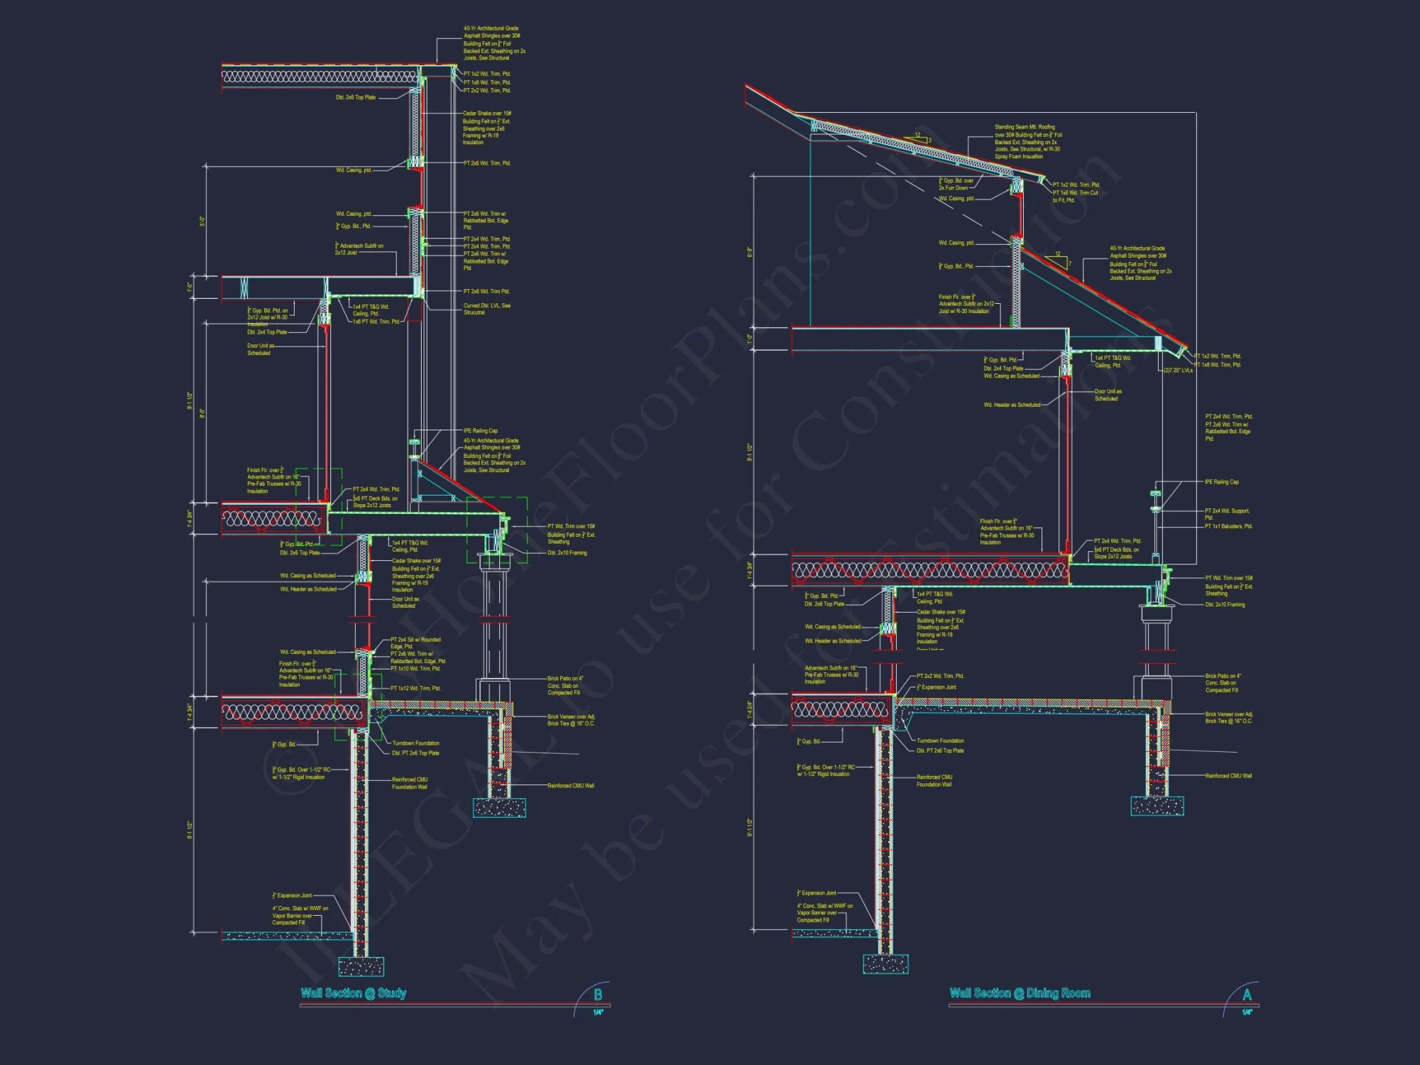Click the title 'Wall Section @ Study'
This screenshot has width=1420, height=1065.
pos(353,993)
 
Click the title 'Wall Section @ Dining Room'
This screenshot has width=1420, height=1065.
pos(1020,993)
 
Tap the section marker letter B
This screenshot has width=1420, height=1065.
pos(598,995)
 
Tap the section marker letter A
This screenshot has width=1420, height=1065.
pos(1247,995)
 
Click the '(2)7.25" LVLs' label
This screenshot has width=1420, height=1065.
pos(1178,371)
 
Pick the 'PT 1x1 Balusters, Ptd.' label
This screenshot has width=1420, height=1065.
pos(1228,526)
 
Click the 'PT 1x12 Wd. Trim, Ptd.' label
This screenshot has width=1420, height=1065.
pos(415,688)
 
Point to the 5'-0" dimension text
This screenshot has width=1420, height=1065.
pos(202,222)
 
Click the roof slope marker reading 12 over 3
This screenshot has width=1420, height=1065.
pos(921,137)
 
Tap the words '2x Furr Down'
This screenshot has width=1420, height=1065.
pos(953,188)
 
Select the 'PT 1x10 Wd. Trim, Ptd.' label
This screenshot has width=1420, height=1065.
pos(415,668)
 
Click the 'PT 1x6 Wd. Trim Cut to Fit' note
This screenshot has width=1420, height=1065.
pos(1075,196)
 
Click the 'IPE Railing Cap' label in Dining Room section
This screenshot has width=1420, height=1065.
pos(1221,482)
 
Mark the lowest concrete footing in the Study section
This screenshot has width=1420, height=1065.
pos(361,966)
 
